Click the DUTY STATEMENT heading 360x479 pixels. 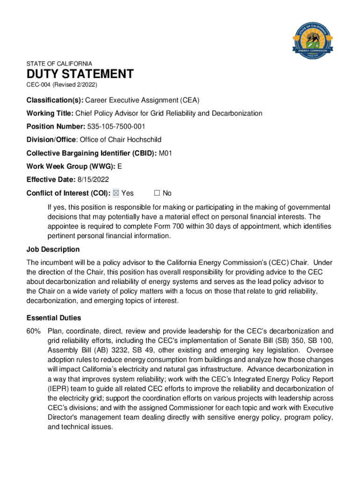(x=80, y=74)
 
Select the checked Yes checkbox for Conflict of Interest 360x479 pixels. (x=116, y=193)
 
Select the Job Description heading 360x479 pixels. (x=53, y=249)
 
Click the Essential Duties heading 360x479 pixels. (x=54, y=318)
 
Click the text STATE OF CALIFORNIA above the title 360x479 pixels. (x=59, y=64)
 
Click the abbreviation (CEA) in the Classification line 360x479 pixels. (x=200, y=101)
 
